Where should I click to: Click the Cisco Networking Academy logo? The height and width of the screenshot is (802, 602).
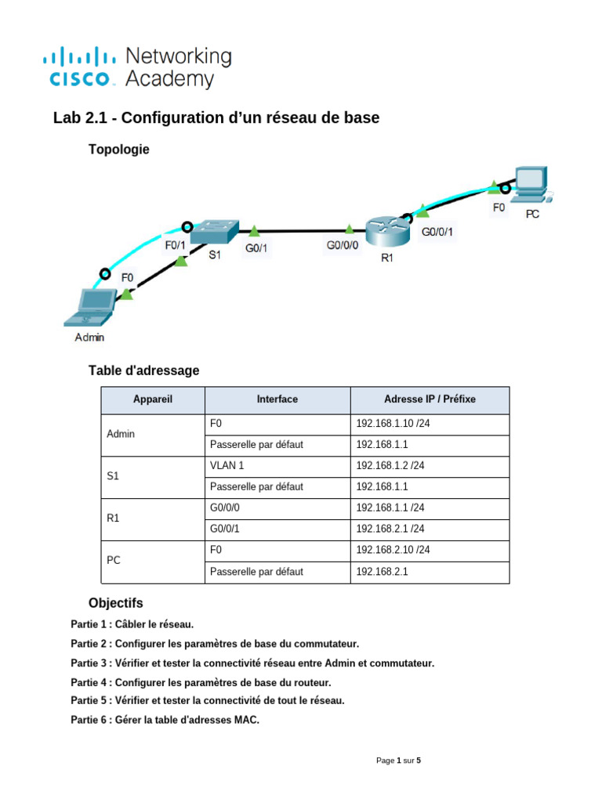pyautogui.click(x=137, y=67)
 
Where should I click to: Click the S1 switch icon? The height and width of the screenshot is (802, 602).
pyautogui.click(x=212, y=231)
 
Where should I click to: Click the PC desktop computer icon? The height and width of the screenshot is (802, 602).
pyautogui.click(x=530, y=184)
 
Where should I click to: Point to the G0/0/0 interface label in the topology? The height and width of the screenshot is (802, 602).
pyautogui.click(x=343, y=245)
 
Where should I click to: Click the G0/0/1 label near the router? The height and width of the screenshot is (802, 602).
pyautogui.click(x=437, y=232)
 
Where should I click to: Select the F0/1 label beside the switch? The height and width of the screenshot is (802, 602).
pyautogui.click(x=175, y=245)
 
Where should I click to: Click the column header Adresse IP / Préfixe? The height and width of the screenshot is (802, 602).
pyautogui.click(x=430, y=399)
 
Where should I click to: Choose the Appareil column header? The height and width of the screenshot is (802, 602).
pyautogui.click(x=153, y=399)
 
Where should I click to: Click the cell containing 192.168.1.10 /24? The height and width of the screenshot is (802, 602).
pyautogui.click(x=390, y=423)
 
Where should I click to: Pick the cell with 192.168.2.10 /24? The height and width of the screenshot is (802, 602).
pyautogui.click(x=393, y=550)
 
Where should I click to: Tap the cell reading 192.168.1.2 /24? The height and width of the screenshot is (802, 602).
pyautogui.click(x=390, y=465)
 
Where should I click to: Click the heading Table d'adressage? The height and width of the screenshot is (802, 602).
pyautogui.click(x=143, y=370)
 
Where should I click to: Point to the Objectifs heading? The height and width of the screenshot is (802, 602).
pyautogui.click(x=116, y=603)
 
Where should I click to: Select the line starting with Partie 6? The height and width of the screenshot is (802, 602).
pyautogui.click(x=165, y=719)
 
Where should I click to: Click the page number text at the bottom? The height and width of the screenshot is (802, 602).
pyautogui.click(x=398, y=760)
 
